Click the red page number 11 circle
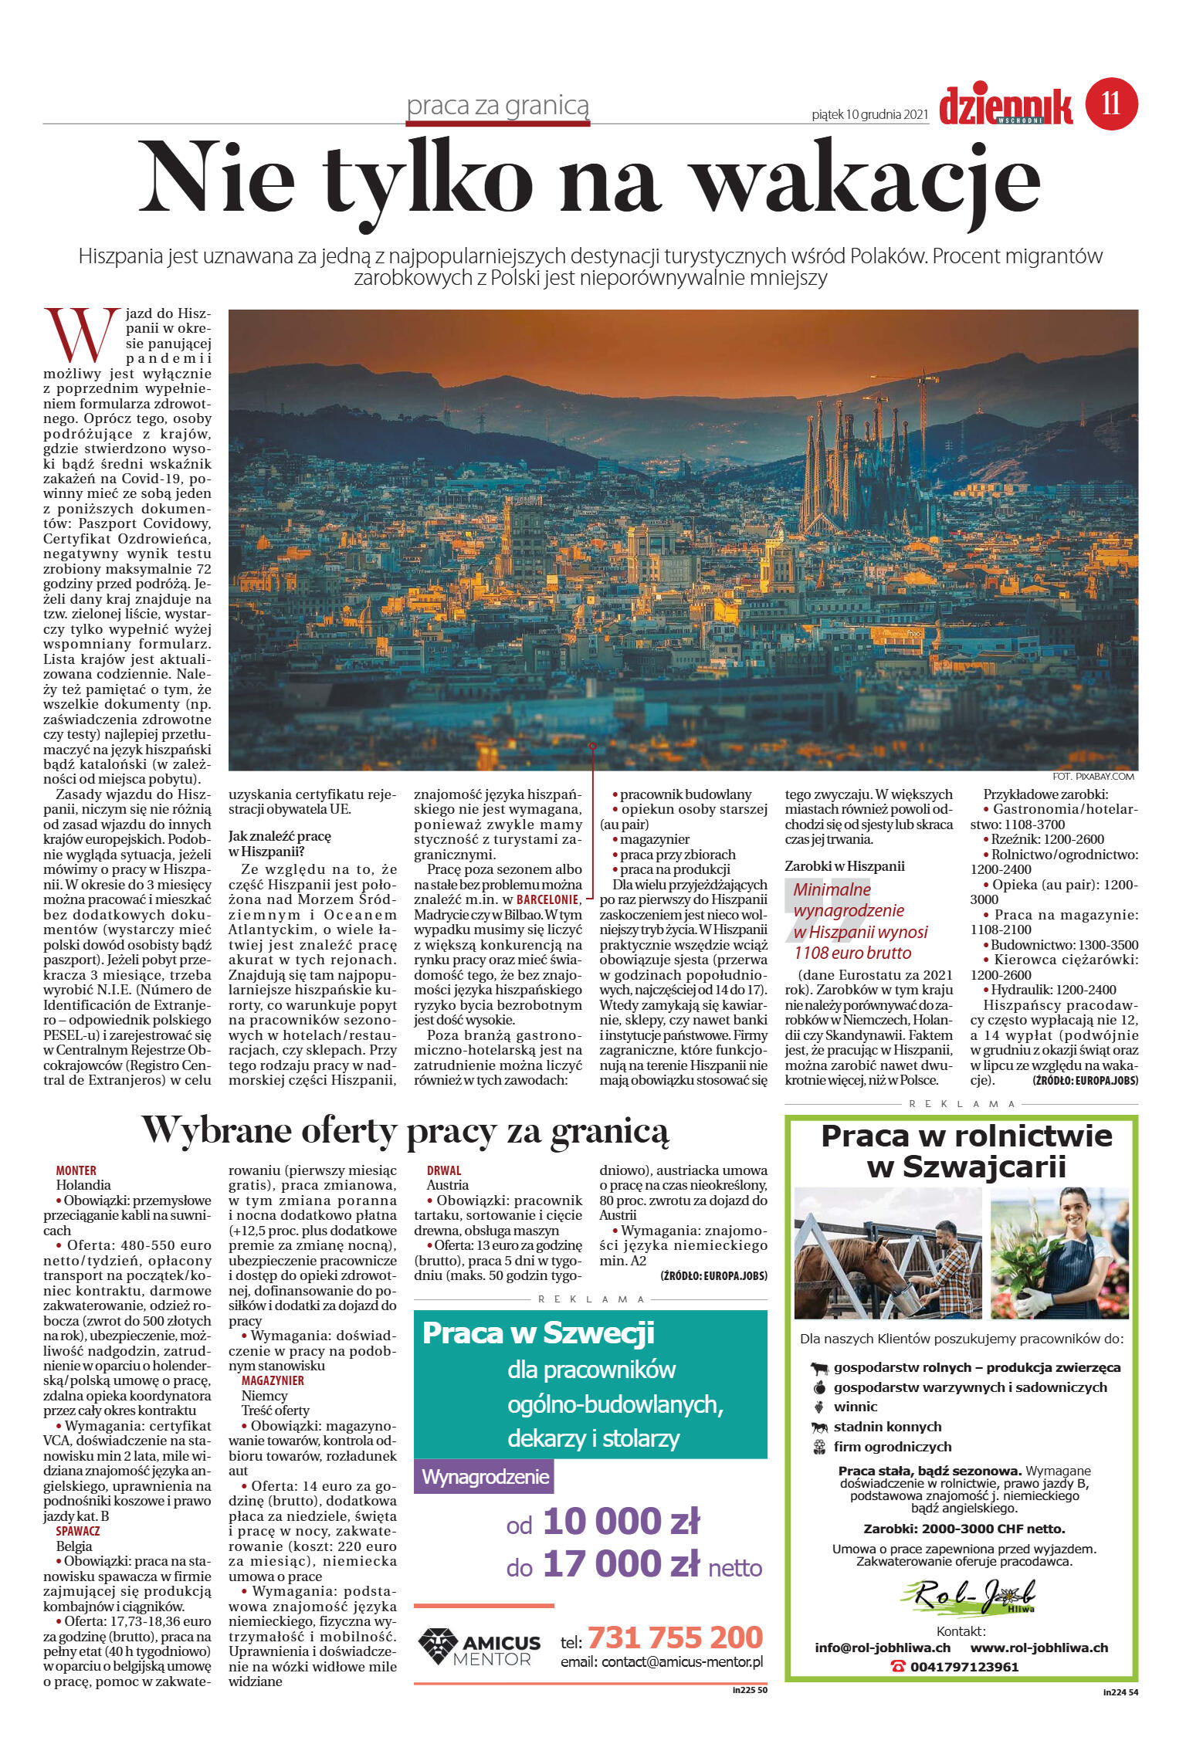point(1111,103)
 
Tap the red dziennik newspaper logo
point(1005,107)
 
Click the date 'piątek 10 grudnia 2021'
point(869,115)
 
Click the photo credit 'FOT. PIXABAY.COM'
point(1093,776)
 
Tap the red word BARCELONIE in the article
point(547,899)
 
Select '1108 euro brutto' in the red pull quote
point(852,953)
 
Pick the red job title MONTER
point(76,1170)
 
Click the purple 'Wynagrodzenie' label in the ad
point(485,1477)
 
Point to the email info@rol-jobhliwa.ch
point(883,1648)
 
